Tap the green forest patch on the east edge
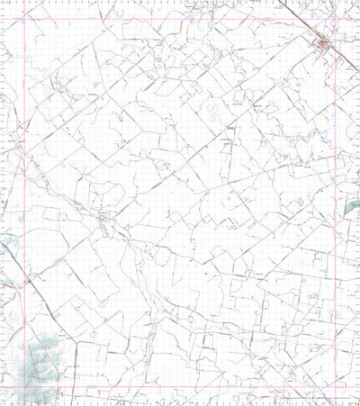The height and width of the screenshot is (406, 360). point(351,206)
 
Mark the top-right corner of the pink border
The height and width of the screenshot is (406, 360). point(334,19)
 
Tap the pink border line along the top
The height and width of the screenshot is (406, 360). point(180,19)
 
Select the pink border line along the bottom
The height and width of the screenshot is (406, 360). point(180,389)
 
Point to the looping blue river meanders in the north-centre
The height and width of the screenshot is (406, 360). point(211,113)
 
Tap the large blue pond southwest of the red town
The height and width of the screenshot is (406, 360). point(298,86)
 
